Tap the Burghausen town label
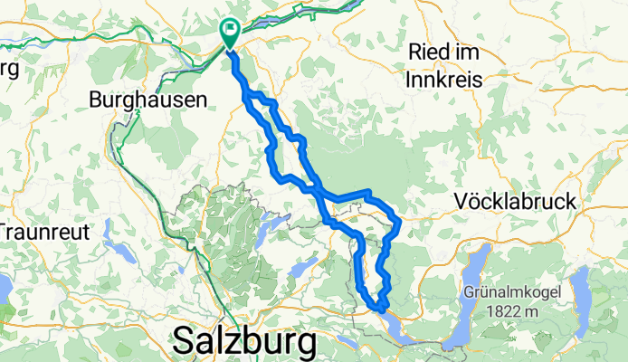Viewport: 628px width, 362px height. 147,101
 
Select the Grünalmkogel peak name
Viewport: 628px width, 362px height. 514,292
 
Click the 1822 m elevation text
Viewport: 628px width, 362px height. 514,312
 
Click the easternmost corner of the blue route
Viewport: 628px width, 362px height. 400,219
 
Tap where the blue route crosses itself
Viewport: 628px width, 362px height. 317,190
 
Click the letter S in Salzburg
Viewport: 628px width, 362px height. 184,342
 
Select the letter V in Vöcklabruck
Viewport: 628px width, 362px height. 465,202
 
